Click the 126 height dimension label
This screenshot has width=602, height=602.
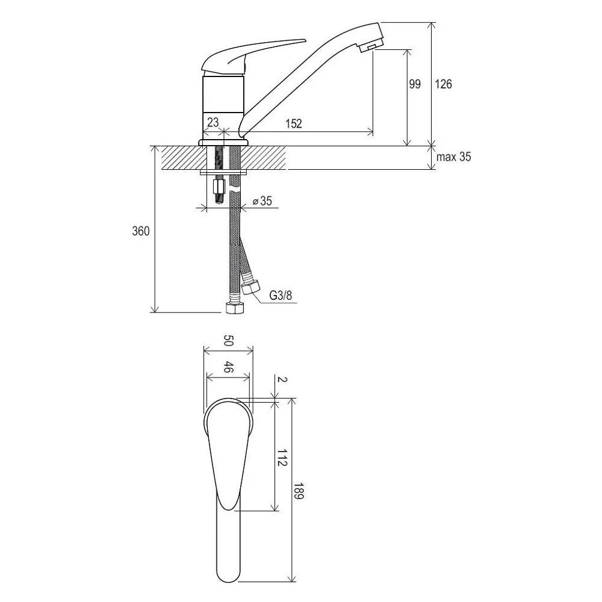pyautogui.click(x=444, y=84)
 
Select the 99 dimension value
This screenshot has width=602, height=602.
pyautogui.click(x=415, y=84)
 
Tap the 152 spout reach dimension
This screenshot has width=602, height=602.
pyautogui.click(x=294, y=123)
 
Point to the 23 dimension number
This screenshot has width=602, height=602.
pyautogui.click(x=213, y=122)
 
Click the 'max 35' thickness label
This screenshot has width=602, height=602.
pyautogui.click(x=453, y=157)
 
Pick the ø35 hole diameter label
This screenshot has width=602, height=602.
pyautogui.click(x=262, y=201)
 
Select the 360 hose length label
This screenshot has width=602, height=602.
pyautogui.click(x=141, y=231)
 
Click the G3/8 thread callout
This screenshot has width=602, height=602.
pyautogui.click(x=281, y=295)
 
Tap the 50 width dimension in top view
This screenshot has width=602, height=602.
pyautogui.click(x=228, y=340)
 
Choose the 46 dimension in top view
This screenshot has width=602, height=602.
pyautogui.click(x=228, y=367)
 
